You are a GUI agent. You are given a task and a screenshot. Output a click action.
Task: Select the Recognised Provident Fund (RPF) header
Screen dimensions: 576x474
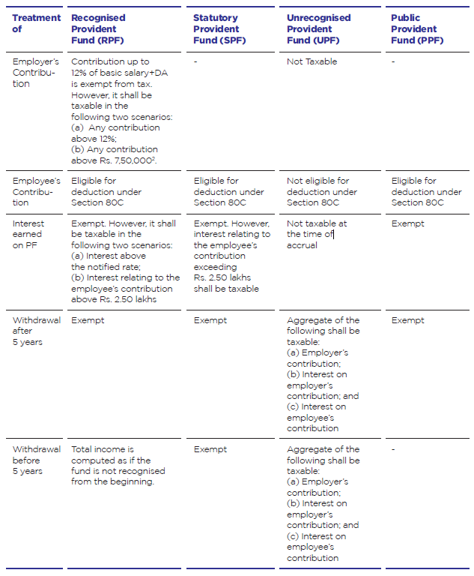[x=99, y=28]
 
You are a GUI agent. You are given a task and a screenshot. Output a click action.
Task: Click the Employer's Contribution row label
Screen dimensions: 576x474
[x=35, y=73]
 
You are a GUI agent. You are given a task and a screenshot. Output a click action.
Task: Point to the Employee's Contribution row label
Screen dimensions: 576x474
[x=36, y=191]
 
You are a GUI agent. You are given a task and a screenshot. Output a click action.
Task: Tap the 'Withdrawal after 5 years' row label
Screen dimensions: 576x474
[x=36, y=331]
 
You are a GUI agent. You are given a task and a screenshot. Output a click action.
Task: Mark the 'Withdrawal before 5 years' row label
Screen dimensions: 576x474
[x=36, y=460]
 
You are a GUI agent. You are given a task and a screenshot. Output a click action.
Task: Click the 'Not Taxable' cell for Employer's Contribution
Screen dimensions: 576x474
[x=312, y=61]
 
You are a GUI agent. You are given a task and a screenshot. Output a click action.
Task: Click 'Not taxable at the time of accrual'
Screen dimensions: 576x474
[x=317, y=234]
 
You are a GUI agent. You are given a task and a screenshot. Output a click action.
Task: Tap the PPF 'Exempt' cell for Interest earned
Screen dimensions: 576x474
[x=407, y=223]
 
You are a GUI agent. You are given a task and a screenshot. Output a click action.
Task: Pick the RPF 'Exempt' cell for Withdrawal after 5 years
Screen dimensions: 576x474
[x=88, y=320]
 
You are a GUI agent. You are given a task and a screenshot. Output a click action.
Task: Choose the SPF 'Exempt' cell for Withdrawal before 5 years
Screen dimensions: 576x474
[x=210, y=449]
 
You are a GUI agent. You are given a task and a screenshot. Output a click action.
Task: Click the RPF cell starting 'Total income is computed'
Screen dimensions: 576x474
[x=118, y=465]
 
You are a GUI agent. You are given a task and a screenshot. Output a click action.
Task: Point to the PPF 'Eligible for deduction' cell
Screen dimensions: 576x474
[x=426, y=191]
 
